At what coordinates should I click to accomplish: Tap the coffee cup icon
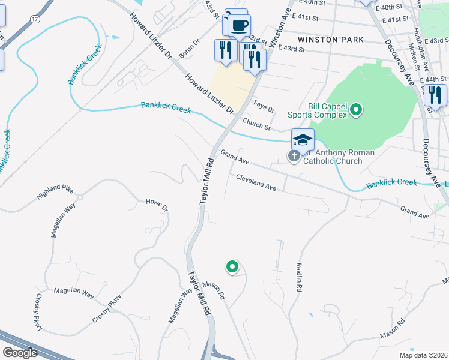point(240,26)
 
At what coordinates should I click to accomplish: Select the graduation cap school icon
point(303,140)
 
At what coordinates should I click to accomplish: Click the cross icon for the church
point(294,157)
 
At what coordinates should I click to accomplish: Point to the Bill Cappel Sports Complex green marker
point(356,109)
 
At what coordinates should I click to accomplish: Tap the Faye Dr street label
point(264,107)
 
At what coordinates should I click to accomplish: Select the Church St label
point(256,124)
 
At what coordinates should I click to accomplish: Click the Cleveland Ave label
point(256,183)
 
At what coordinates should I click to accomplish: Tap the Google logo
point(19,353)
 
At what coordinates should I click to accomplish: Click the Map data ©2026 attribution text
point(423,355)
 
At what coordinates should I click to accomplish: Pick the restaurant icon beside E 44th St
point(435,95)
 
